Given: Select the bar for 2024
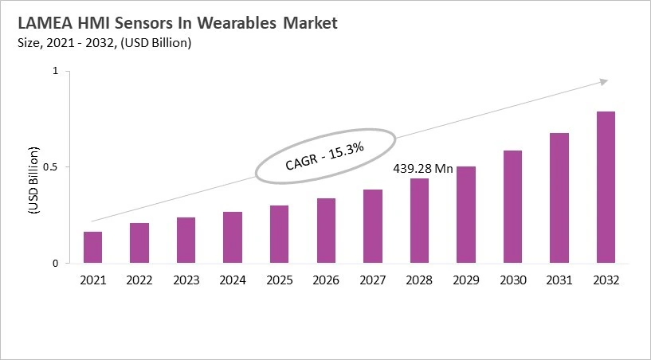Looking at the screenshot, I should click(233, 237).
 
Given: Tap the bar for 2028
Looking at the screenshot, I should click(419, 221).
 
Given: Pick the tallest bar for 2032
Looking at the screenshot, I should click(606, 187).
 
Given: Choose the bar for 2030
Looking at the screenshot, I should click(512, 207).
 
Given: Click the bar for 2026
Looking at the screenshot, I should click(326, 231).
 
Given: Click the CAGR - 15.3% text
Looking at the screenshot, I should click(324, 155).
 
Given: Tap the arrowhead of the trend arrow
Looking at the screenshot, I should click(604, 80).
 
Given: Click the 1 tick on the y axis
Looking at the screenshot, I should click(56, 72).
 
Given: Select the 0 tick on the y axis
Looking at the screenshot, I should click(56, 264).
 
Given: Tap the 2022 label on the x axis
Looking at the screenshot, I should click(139, 280).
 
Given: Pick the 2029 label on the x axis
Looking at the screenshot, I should click(466, 280).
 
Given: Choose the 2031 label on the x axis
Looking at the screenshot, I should click(559, 280).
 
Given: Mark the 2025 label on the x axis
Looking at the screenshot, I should click(280, 280).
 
